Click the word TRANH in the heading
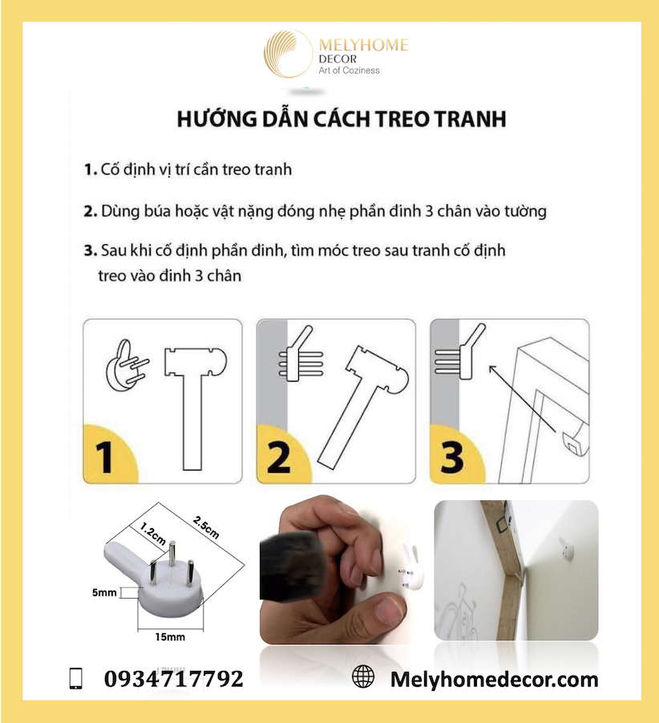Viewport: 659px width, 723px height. (x=471, y=119)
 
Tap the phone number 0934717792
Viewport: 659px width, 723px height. (x=174, y=680)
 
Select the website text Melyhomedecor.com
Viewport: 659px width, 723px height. (x=494, y=680)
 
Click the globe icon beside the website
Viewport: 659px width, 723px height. (x=363, y=677)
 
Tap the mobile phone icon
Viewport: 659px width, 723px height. (x=76, y=679)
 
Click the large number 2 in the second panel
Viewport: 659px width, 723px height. (x=278, y=458)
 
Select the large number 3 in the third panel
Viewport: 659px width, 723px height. (x=452, y=458)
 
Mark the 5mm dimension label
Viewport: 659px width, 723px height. (x=104, y=593)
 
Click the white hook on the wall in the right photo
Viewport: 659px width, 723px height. (x=567, y=551)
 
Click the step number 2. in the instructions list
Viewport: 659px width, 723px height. (x=91, y=212)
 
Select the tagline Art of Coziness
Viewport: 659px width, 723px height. (x=350, y=71)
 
